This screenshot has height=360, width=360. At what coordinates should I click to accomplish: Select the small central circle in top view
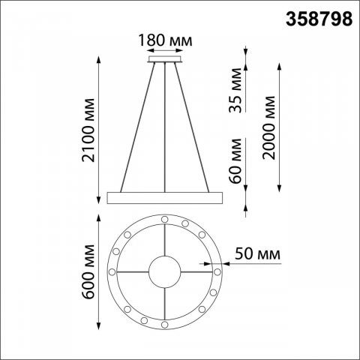click(165, 271)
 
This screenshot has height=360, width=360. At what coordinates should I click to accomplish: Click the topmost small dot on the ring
click(165, 218)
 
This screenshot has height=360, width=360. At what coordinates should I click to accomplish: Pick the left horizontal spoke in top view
click(132, 271)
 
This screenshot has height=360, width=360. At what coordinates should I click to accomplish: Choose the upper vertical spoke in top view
click(165, 238)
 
